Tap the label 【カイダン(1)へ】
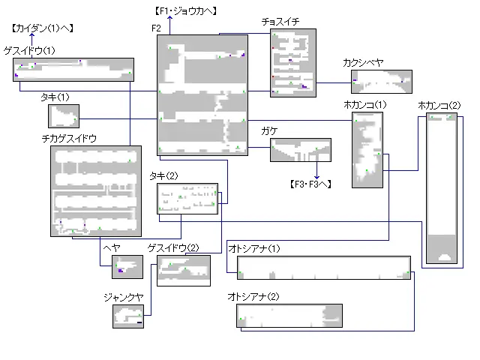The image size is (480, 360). pos(41,28)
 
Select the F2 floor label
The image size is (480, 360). pos(156,28)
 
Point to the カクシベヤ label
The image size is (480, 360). pos(361,63)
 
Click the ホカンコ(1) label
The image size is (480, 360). pos(364,104)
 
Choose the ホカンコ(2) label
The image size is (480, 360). pos(439,104)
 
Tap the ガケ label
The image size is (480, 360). pos(268,131)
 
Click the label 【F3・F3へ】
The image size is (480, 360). pos(310,184)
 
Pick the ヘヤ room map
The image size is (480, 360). pos(127,266)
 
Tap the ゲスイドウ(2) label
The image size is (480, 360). pos(173,248)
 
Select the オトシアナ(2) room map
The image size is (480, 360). pos(289,316)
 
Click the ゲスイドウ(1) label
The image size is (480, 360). pos(29,50)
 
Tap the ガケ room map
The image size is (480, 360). pos(300,150)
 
